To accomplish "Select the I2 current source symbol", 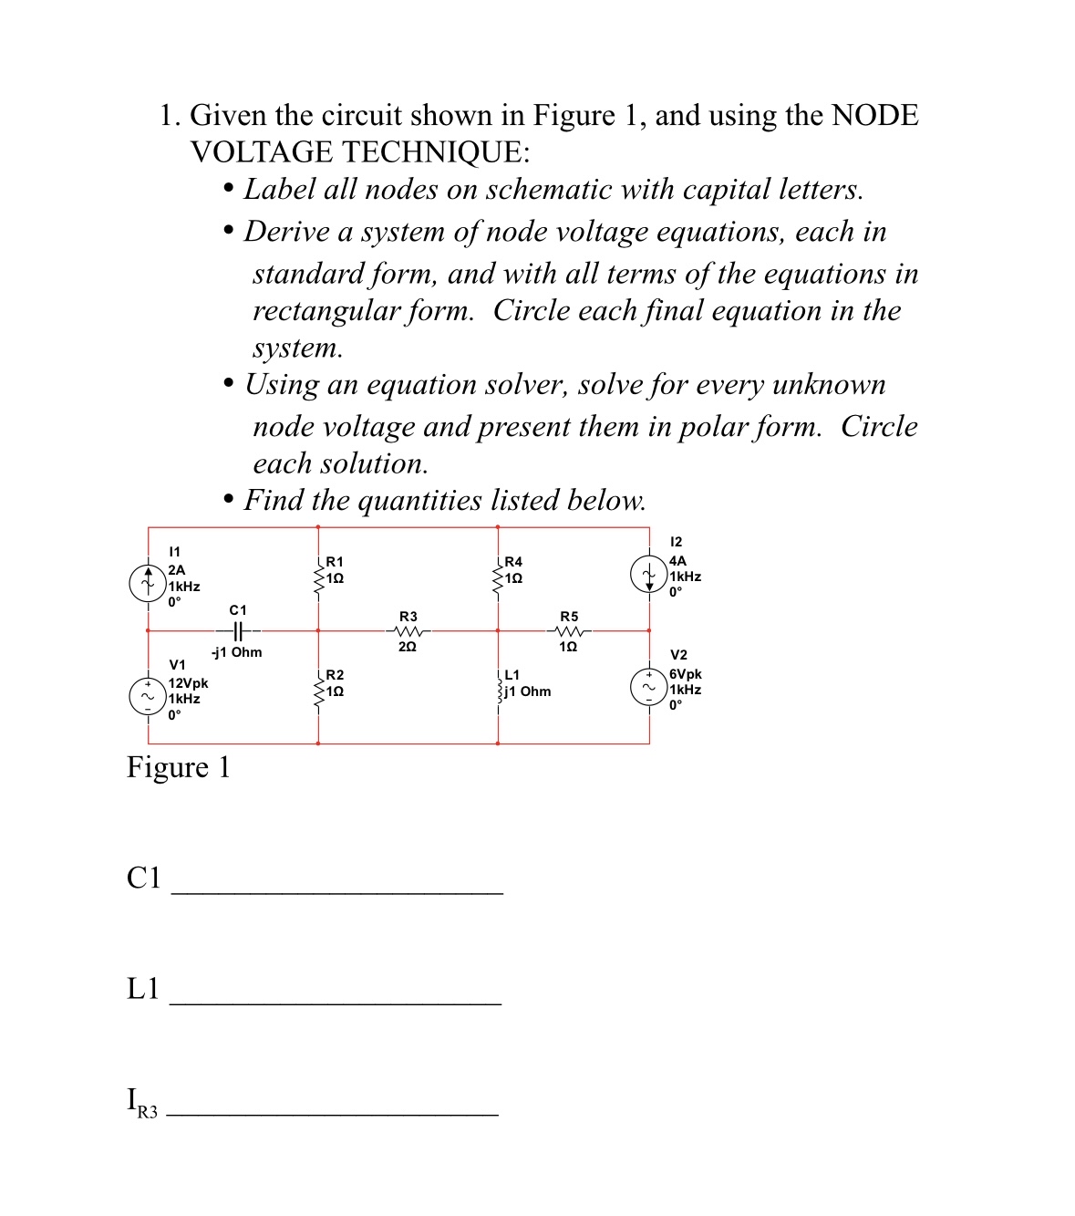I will coord(647,574).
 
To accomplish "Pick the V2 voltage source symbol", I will coord(647,687).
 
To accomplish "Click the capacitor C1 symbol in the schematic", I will coord(236,630).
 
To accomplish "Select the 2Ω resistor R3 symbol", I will coord(408,631).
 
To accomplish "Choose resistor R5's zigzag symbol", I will coord(568,631).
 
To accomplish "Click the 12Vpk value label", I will coord(188,683).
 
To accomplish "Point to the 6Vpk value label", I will coord(685,674).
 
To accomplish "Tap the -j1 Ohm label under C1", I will coord(237,652).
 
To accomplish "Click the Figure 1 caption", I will coord(178,767).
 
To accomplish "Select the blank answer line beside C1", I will coord(336,890).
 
